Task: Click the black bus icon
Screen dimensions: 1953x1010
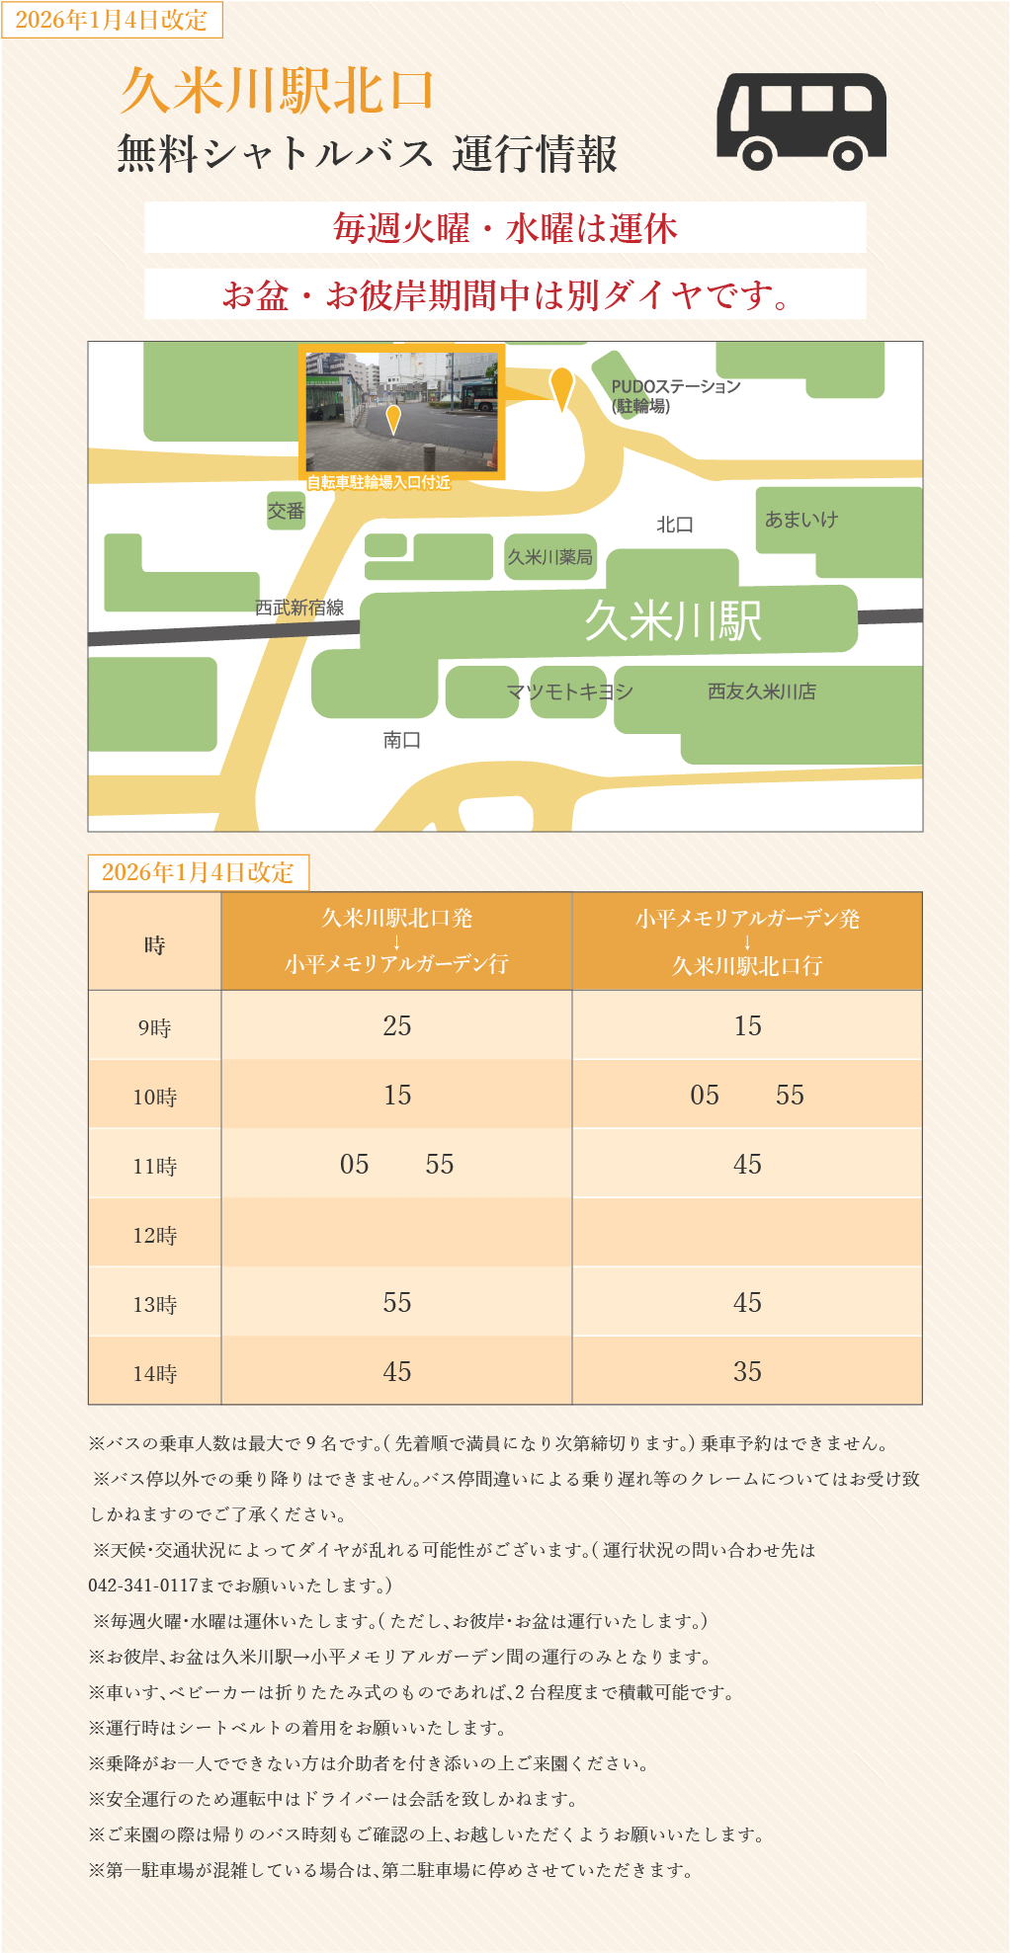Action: point(800,121)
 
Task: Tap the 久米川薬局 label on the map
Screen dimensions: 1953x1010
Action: point(550,557)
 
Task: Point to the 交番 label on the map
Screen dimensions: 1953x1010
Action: point(286,511)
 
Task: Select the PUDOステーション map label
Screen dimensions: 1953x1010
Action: point(675,395)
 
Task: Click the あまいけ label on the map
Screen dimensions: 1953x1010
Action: point(801,520)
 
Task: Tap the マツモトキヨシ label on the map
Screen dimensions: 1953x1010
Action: point(569,692)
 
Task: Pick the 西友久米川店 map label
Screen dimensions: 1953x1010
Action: point(762,692)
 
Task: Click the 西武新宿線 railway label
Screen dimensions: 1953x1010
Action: point(299,608)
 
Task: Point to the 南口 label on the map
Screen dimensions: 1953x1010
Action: point(402,740)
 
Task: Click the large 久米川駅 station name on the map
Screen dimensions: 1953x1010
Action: point(672,621)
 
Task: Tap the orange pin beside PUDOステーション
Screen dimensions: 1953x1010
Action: point(561,387)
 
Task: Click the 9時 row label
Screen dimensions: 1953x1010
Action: point(155,1027)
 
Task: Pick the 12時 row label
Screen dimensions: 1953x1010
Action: point(155,1235)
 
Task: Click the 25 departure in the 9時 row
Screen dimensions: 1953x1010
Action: point(397,1026)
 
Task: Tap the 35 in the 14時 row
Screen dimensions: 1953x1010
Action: point(747,1371)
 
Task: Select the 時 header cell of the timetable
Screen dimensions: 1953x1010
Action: point(155,944)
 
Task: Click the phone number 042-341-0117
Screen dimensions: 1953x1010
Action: point(143,1586)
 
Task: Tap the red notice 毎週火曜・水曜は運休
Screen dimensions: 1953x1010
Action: point(505,228)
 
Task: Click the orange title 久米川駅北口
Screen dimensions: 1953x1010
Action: point(277,91)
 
